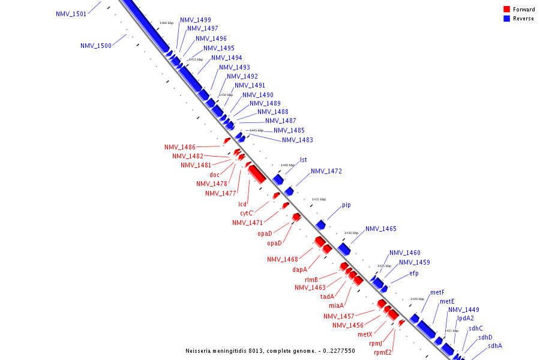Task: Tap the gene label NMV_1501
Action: [71, 14]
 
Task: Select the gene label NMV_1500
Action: [96, 46]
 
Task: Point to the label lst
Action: [304, 160]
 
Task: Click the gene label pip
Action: [346, 205]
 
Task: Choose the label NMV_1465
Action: [381, 229]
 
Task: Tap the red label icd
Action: [242, 205]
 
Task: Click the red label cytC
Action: [247, 213]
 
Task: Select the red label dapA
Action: [300, 270]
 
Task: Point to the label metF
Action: [437, 293]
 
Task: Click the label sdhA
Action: [495, 346]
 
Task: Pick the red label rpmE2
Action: [383, 353]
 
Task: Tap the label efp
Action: [414, 274]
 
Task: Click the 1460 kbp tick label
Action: [166, 23]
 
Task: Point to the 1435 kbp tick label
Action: [319, 199]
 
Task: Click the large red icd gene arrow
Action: [257, 174]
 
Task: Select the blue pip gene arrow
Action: [321, 225]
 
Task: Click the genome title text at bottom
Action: [271, 351]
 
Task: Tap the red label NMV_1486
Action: [180, 147]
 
